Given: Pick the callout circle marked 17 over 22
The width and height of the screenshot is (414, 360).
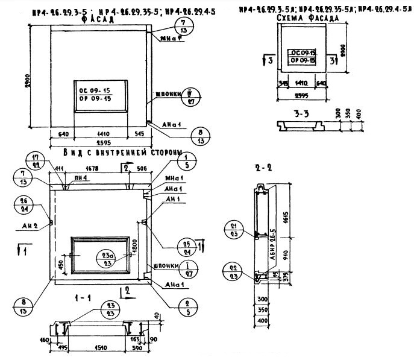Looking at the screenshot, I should point(53,161).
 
